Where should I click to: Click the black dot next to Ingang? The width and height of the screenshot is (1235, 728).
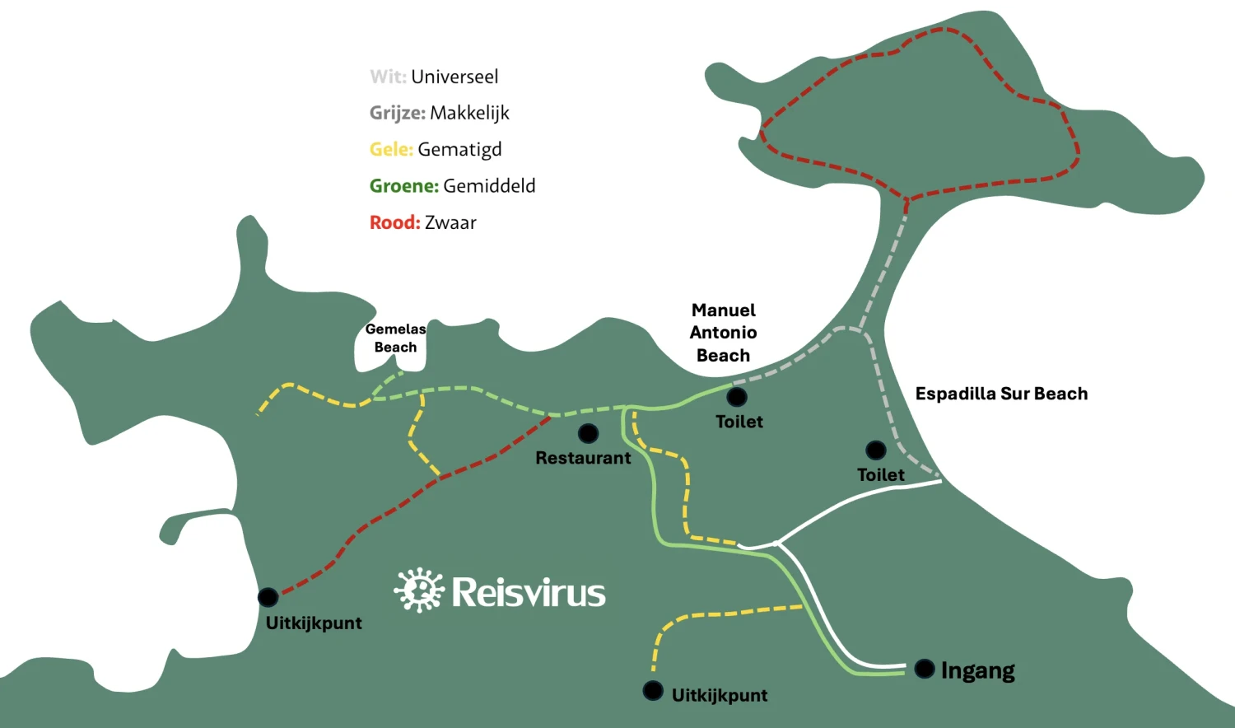pyautogui.click(x=925, y=669)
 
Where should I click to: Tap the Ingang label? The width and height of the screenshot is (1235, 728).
pyautogui.click(x=977, y=671)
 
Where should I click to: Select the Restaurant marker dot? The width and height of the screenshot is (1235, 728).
pyautogui.click(x=589, y=433)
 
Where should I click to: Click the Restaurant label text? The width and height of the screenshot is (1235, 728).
pyautogui.click(x=583, y=458)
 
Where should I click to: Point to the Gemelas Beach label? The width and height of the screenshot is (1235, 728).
pyautogui.click(x=395, y=338)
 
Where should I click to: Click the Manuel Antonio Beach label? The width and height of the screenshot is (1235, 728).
pyautogui.click(x=724, y=333)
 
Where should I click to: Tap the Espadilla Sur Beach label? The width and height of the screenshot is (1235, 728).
pyautogui.click(x=1001, y=394)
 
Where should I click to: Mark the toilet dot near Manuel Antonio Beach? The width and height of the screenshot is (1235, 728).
pyautogui.click(x=737, y=397)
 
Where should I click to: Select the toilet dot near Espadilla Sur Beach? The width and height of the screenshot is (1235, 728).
pyautogui.click(x=875, y=450)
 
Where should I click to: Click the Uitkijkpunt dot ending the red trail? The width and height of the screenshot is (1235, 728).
pyautogui.click(x=268, y=597)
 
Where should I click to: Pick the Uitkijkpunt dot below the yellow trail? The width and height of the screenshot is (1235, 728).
pyautogui.click(x=653, y=690)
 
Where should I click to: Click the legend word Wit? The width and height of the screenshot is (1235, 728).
pyautogui.click(x=388, y=77)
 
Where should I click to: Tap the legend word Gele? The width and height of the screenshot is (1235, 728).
pyautogui.click(x=391, y=149)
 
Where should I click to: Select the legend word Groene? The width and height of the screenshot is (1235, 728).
pyautogui.click(x=404, y=186)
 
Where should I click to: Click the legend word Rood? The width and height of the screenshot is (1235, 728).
pyautogui.click(x=394, y=223)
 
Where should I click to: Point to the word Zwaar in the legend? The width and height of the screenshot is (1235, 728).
pyautogui.click(x=450, y=223)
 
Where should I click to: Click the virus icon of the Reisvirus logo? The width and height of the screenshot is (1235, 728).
pyautogui.click(x=419, y=590)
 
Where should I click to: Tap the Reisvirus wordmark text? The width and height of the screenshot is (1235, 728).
pyautogui.click(x=529, y=592)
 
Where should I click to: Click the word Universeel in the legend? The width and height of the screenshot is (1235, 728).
pyautogui.click(x=454, y=77)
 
